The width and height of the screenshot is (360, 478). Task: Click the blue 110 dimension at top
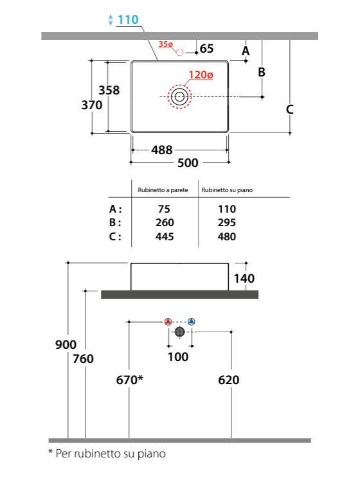pyautogui.click(x=128, y=20)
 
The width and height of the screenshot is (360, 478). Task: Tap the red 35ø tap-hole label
pyautogui.click(x=166, y=44)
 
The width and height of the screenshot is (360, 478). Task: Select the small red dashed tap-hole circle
pyautogui.click(x=180, y=53)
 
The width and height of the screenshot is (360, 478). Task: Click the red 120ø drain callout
pyautogui.click(x=201, y=75)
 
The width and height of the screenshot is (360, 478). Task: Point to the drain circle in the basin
pyautogui.click(x=179, y=96)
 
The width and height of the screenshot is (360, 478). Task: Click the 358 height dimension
pyautogui.click(x=109, y=90)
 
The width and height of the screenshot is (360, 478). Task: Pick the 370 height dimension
pyautogui.click(x=91, y=105)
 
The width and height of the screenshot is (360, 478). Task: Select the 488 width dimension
pyautogui.click(x=162, y=150)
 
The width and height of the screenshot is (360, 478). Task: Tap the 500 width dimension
pyautogui.click(x=188, y=163)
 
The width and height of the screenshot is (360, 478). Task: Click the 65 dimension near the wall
pyautogui.click(x=206, y=48)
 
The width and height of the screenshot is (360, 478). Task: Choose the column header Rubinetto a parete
pyautogui.click(x=163, y=190)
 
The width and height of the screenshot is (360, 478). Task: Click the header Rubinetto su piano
pyautogui.click(x=227, y=190)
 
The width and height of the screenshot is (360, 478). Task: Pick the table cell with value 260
pyautogui.click(x=165, y=222)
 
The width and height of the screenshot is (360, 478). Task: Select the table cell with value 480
pyautogui.click(x=227, y=236)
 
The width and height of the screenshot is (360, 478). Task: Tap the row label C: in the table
pyautogui.click(x=115, y=236)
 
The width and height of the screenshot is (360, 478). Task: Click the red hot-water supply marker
pyautogui.click(x=168, y=322)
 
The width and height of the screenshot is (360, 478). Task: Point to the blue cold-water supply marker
pyautogui.click(x=192, y=322)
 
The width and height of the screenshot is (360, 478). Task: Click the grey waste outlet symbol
pyautogui.click(x=180, y=332)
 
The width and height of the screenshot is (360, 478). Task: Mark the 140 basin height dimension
pyautogui.click(x=244, y=278)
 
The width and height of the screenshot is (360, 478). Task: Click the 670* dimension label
pyautogui.click(x=129, y=380)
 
